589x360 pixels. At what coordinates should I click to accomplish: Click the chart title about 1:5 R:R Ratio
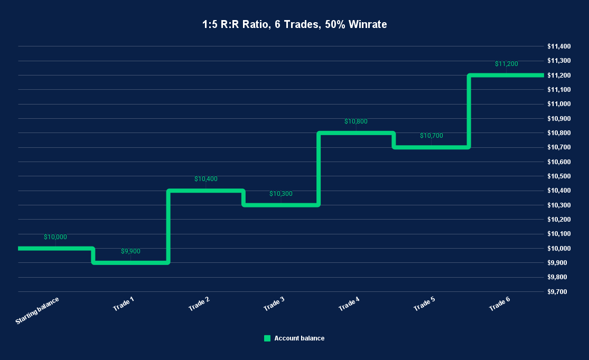[294, 24]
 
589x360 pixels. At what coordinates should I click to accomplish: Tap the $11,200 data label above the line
[506, 64]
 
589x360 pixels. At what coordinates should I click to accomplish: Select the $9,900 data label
[130, 251]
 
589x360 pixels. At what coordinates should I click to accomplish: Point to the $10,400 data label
[205, 179]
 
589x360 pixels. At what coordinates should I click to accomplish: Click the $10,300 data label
[281, 194]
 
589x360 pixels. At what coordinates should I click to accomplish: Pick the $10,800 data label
[356, 121]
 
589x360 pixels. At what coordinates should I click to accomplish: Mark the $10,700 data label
[431, 136]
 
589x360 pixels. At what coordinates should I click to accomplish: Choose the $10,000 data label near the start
[55, 237]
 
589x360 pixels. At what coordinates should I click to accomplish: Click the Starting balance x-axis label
[38, 310]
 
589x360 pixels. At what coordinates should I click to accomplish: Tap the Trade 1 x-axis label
[124, 304]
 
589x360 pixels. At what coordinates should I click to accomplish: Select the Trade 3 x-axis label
[274, 304]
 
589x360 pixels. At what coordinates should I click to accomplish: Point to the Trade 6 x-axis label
[499, 304]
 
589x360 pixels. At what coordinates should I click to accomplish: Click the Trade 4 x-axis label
[349, 304]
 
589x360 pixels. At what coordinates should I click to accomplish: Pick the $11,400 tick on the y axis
[558, 46]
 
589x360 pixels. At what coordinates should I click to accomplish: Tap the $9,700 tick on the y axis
[558, 291]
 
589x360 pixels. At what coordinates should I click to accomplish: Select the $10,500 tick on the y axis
[558, 176]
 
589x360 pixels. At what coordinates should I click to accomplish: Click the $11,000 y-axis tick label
[558, 104]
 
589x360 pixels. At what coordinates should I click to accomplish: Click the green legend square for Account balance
[267, 338]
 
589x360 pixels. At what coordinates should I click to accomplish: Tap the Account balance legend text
[299, 338]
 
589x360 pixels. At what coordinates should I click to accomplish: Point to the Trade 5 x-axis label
[424, 304]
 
